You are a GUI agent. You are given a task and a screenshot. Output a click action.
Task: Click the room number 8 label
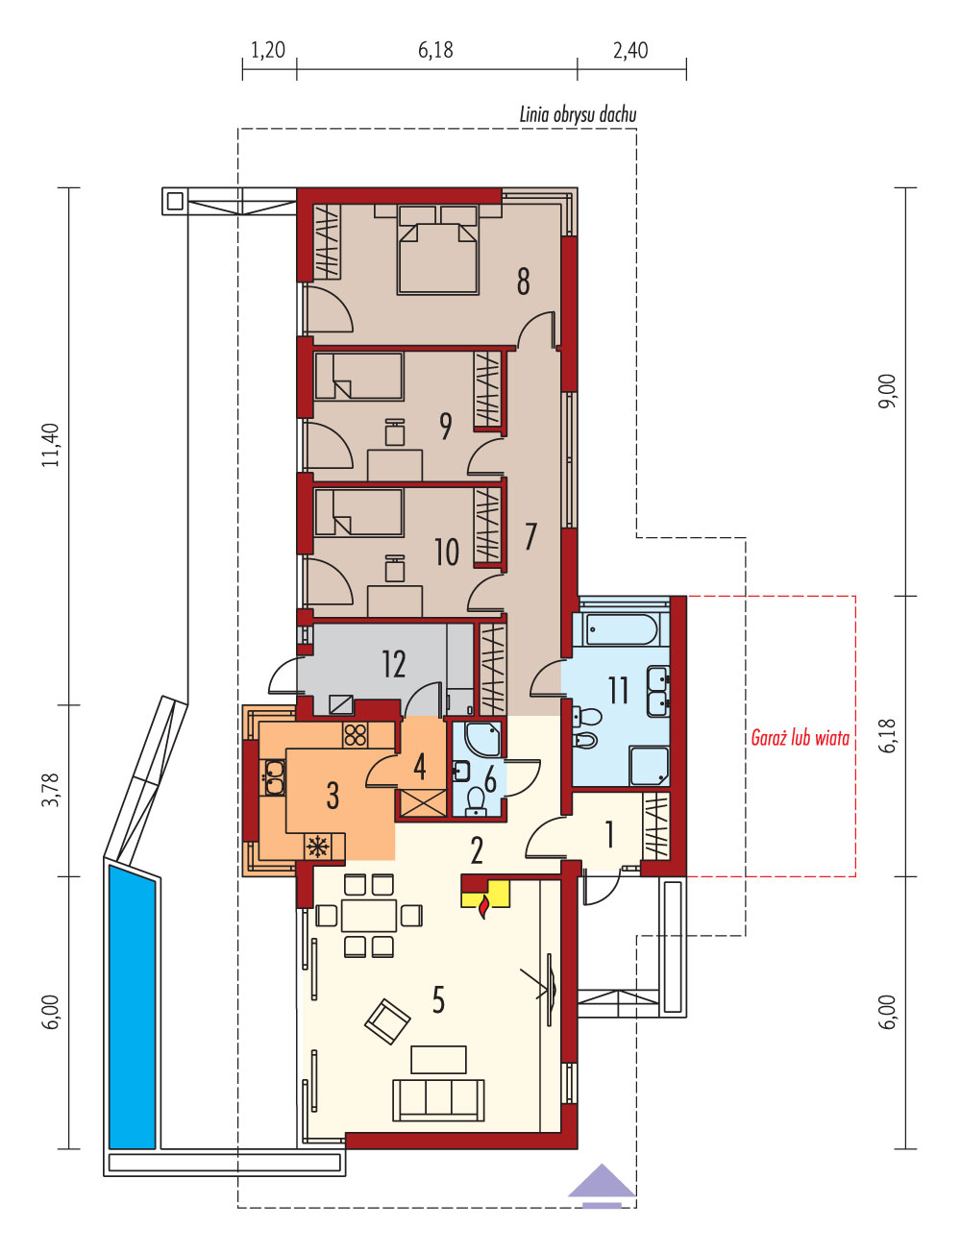pyautogui.click(x=523, y=282)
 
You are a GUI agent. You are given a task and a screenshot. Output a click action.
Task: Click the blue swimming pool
pyautogui.click(x=132, y=1005)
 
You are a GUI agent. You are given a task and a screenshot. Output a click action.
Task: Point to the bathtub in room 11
pyautogui.click(x=620, y=629)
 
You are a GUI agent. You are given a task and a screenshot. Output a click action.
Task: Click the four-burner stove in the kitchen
pyautogui.click(x=356, y=735)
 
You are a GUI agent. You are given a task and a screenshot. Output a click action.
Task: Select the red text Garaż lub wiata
pyautogui.click(x=800, y=738)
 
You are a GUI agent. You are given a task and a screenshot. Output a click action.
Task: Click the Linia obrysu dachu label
pyautogui.click(x=579, y=114)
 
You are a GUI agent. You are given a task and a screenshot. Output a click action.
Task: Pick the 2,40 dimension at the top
pyautogui.click(x=630, y=51)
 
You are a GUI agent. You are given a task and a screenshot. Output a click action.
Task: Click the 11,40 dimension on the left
pyautogui.click(x=51, y=445)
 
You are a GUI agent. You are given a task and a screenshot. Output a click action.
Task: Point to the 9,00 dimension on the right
pyautogui.click(x=888, y=391)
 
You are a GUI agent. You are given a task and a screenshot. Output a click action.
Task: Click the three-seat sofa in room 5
pyautogui.click(x=438, y=1100)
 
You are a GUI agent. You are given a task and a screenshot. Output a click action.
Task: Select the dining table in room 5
pyautogui.click(x=368, y=915)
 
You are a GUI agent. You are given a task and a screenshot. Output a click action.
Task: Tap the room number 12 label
pyautogui.click(x=394, y=664)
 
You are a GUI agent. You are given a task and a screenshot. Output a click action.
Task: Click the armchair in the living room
pyautogui.click(x=387, y=1021)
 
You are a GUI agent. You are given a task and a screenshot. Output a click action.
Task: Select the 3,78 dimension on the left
pyautogui.click(x=51, y=790)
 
